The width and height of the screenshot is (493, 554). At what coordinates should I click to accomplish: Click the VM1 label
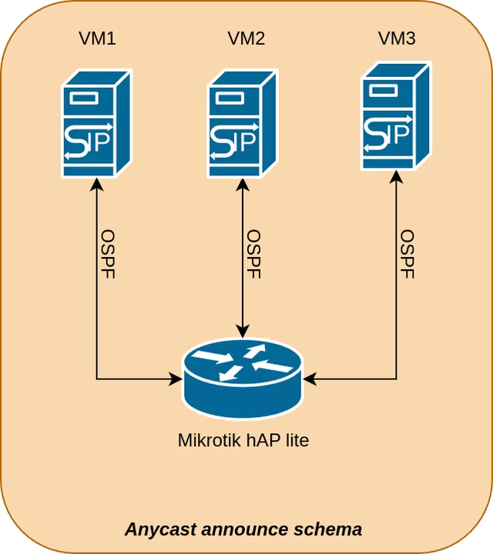point(97,38)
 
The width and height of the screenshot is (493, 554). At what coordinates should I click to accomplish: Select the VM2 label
point(246,38)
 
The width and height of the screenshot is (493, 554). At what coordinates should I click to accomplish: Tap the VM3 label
point(397,38)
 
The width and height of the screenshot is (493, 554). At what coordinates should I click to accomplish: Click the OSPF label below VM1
point(108,254)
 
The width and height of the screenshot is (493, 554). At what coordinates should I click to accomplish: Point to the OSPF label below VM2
point(254,254)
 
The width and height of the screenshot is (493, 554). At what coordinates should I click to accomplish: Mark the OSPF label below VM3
point(408,254)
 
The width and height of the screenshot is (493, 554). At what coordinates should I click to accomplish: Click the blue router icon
point(243,378)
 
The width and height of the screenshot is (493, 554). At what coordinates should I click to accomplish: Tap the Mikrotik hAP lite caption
point(243,441)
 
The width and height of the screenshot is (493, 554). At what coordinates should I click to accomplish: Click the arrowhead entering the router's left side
point(176,379)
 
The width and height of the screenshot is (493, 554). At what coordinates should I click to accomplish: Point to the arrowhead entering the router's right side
point(310,379)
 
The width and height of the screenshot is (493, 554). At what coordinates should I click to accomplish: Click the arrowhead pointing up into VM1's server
point(96,185)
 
